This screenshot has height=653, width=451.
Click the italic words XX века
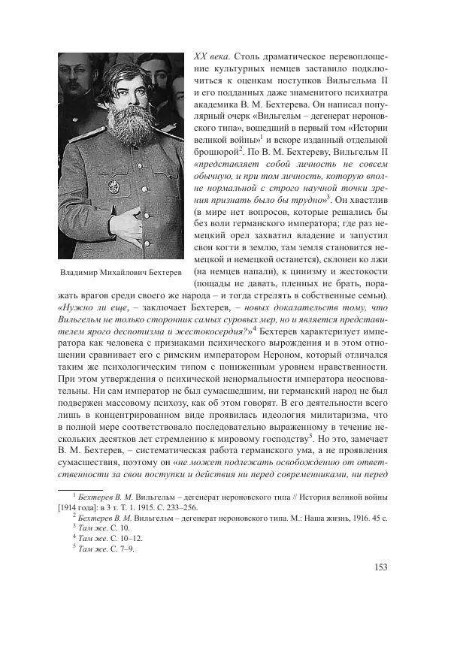(211, 57)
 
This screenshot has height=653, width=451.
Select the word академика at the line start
(216, 105)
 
